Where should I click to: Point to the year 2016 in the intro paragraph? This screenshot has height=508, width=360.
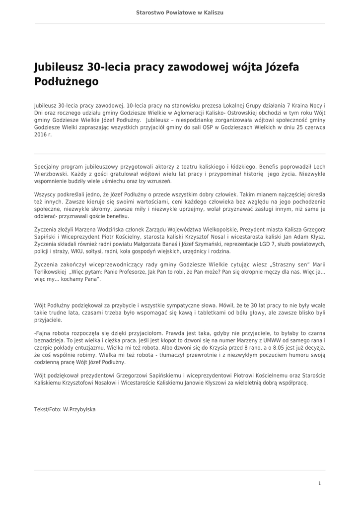coord(40,134)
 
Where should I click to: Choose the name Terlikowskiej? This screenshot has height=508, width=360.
coord(50,272)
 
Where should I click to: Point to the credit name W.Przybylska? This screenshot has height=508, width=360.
coord(79,409)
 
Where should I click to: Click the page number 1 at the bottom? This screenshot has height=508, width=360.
coord(319,483)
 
